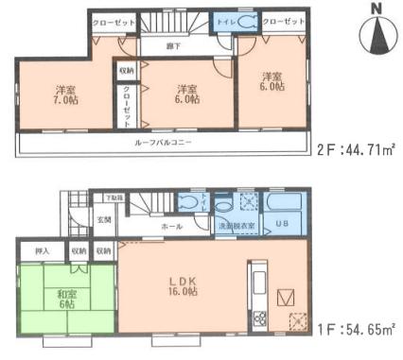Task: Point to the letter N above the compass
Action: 377,9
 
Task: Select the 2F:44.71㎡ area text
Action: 359,149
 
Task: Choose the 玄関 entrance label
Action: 102,220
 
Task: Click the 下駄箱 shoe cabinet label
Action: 113,197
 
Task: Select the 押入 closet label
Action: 43,251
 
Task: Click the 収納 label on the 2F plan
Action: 126,71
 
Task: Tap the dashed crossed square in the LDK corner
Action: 297,320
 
